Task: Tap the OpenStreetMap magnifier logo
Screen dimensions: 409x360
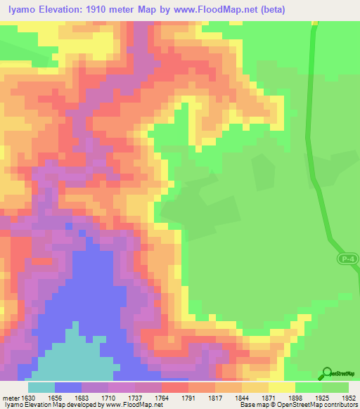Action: coord(327,373)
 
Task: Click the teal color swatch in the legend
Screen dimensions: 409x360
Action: coord(41,387)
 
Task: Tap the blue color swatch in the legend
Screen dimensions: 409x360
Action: coord(68,387)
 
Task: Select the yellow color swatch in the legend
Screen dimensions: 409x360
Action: coord(282,387)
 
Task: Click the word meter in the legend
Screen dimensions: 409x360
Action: coord(11,398)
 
